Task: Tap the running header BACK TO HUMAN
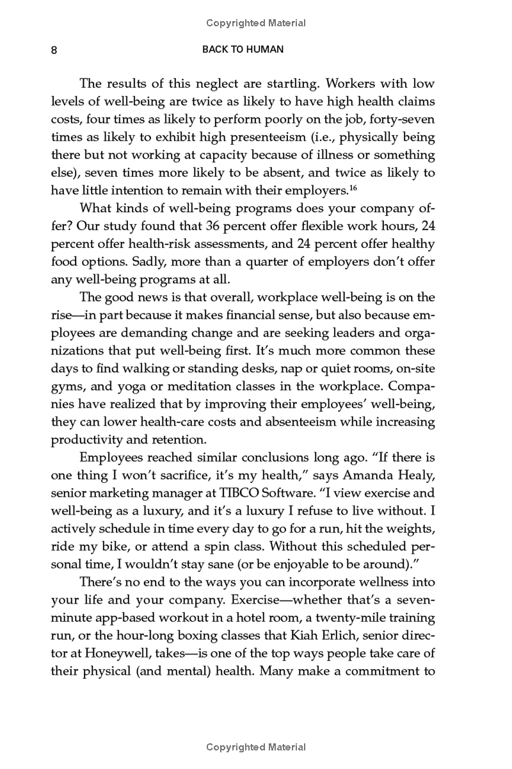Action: [x=243, y=49]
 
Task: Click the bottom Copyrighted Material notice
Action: [x=256, y=747]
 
